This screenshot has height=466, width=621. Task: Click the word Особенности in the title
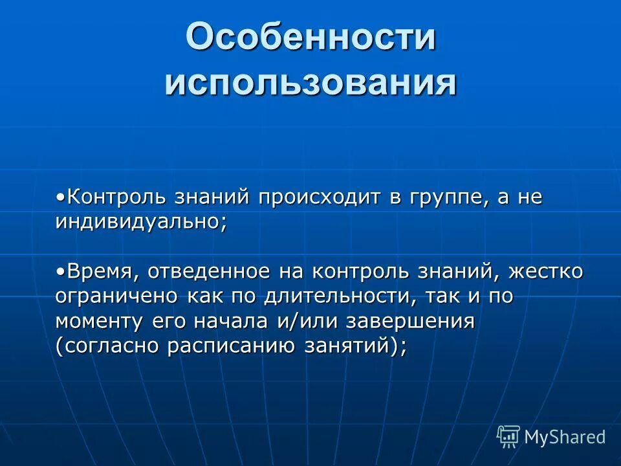pyautogui.click(x=310, y=38)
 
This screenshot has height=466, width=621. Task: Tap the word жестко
pyautogui.click(x=546, y=272)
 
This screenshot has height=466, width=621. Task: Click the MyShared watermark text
pyautogui.click(x=565, y=437)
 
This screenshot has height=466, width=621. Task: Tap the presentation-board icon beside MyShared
pyautogui.click(x=508, y=437)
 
